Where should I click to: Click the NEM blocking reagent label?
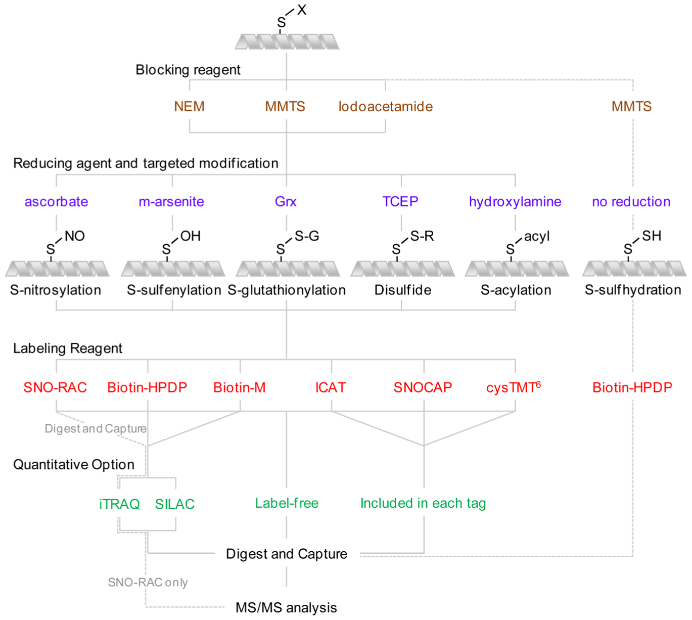coord(189,107)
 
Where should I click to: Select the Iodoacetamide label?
coord(385,107)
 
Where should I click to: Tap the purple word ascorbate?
coord(56,202)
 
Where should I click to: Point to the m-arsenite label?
coord(171,202)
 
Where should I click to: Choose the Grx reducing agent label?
coord(286,202)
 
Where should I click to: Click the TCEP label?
coord(400,202)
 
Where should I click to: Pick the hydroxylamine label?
coord(515,202)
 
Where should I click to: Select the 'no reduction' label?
coord(631,202)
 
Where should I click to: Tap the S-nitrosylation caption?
coord(56,290)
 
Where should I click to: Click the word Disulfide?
coord(403,290)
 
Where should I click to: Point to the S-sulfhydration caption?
coord(633,290)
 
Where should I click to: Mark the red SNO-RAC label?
coord(55,388)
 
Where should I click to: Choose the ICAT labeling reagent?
coord(331,388)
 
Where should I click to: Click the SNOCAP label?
coord(423,388)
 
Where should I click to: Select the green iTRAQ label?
coord(119,504)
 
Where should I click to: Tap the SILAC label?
coord(174,504)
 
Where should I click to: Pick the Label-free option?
coord(287,503)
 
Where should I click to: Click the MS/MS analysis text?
coord(286,607)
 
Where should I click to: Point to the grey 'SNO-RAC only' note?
coord(148,583)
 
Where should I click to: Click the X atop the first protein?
coord(302,10)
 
